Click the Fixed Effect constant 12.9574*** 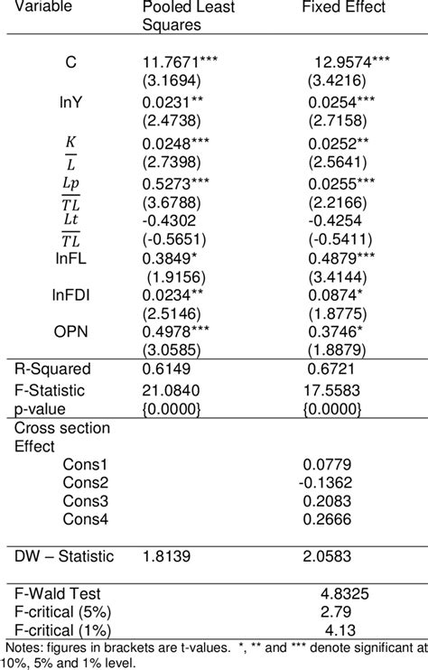tap(351, 62)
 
